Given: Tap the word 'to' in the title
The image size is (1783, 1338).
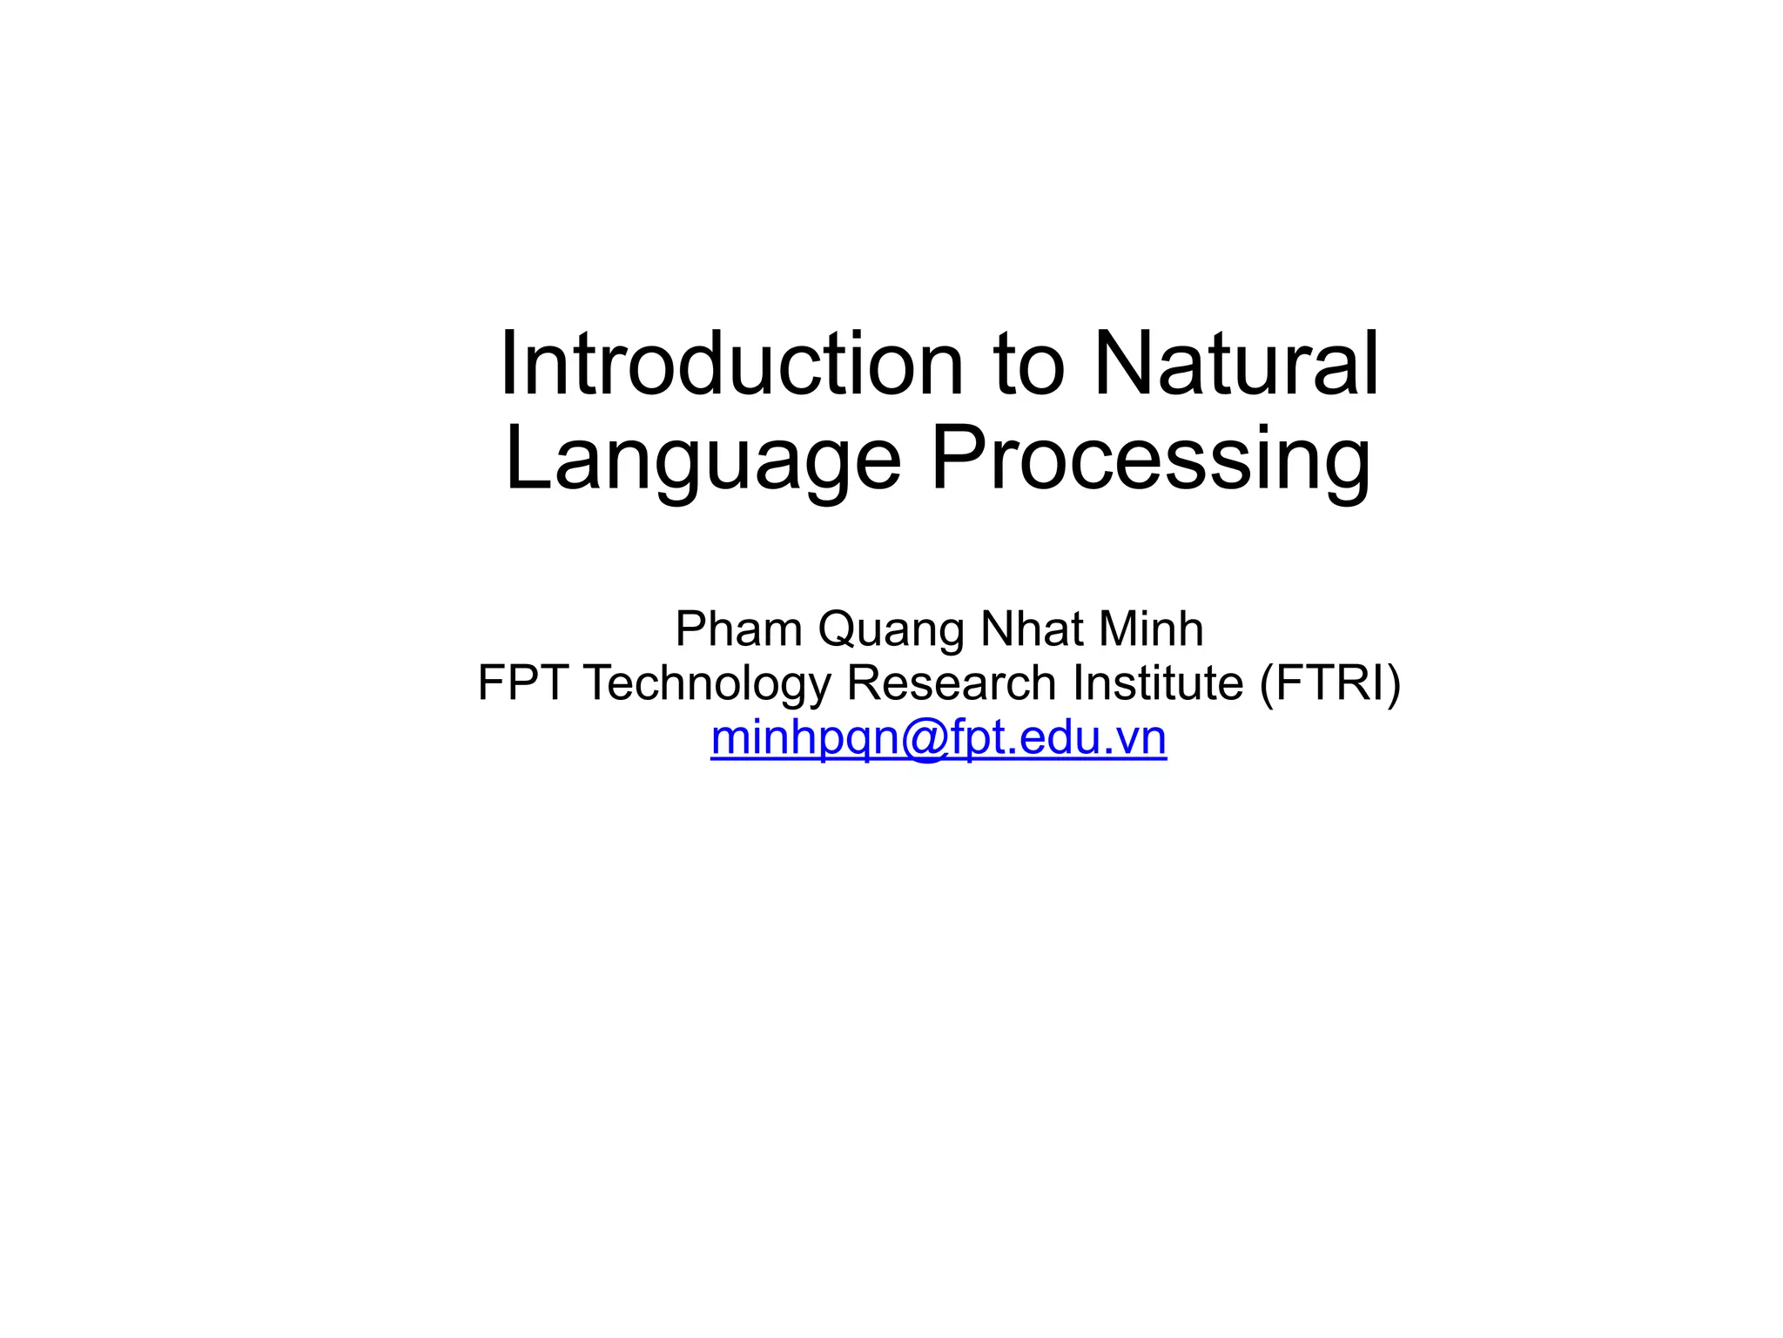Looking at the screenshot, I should coord(1028,366).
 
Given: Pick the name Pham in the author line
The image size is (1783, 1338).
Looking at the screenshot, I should coord(738,629).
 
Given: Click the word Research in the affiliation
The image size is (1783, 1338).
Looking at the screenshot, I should coord(952,682).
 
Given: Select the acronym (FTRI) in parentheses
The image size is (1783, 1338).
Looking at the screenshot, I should coord(1330,683).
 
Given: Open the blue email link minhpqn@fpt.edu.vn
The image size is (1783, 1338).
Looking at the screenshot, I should coord(939,738).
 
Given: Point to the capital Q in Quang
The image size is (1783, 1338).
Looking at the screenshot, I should coord(838,629).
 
